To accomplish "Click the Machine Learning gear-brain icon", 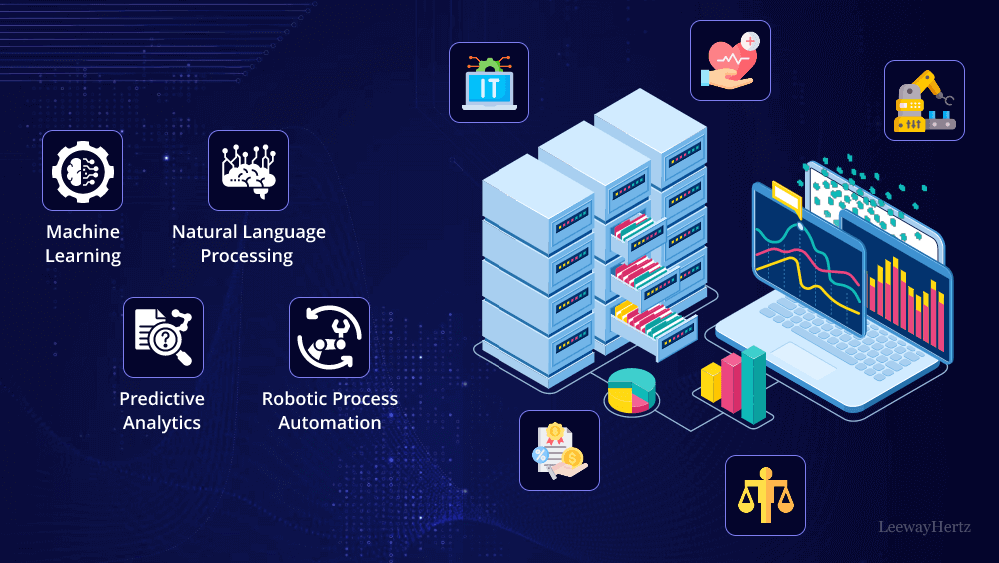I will pyautogui.click(x=82, y=170).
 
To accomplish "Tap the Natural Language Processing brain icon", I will pyautogui.click(x=248, y=170).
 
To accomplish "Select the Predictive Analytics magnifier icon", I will pyautogui.click(x=163, y=337).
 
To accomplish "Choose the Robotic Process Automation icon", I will pyautogui.click(x=329, y=337).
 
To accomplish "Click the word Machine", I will pyautogui.click(x=83, y=232).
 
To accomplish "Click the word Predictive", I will pyautogui.click(x=162, y=399).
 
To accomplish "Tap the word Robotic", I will pyautogui.click(x=294, y=399).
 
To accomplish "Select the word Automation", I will pyautogui.click(x=330, y=423).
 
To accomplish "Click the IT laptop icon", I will pyautogui.click(x=489, y=82).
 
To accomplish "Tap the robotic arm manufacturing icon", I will pyautogui.click(x=924, y=100).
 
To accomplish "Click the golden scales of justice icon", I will pyautogui.click(x=765, y=495).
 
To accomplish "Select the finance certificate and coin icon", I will pyautogui.click(x=559, y=450).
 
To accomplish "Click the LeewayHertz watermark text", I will pyautogui.click(x=924, y=527).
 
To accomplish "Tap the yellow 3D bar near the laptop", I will pyautogui.click(x=711, y=382).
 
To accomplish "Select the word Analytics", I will pyautogui.click(x=162, y=423).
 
